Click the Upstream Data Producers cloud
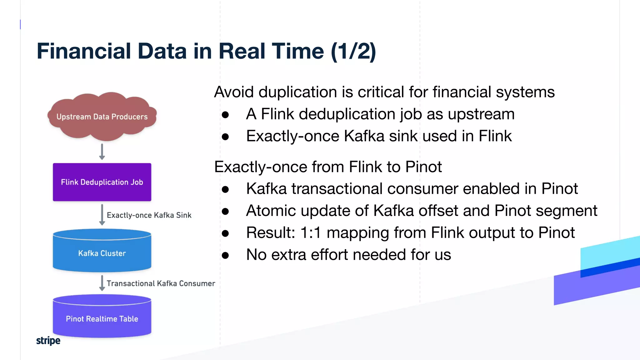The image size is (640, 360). (x=102, y=117)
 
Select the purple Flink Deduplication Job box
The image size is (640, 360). (x=102, y=182)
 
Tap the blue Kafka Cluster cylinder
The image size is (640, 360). (x=102, y=253)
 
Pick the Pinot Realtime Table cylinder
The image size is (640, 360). (x=102, y=318)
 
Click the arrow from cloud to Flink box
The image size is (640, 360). (x=102, y=152)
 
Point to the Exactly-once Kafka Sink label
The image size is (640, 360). (x=149, y=215)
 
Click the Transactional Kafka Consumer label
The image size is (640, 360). (x=161, y=283)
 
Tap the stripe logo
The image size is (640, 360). (x=48, y=340)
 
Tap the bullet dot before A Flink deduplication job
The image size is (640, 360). (x=225, y=115)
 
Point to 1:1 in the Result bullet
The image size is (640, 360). (x=311, y=233)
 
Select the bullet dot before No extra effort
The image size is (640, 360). (x=225, y=255)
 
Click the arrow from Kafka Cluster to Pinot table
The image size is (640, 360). (x=102, y=283)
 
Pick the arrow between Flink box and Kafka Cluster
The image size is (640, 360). (x=102, y=215)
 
